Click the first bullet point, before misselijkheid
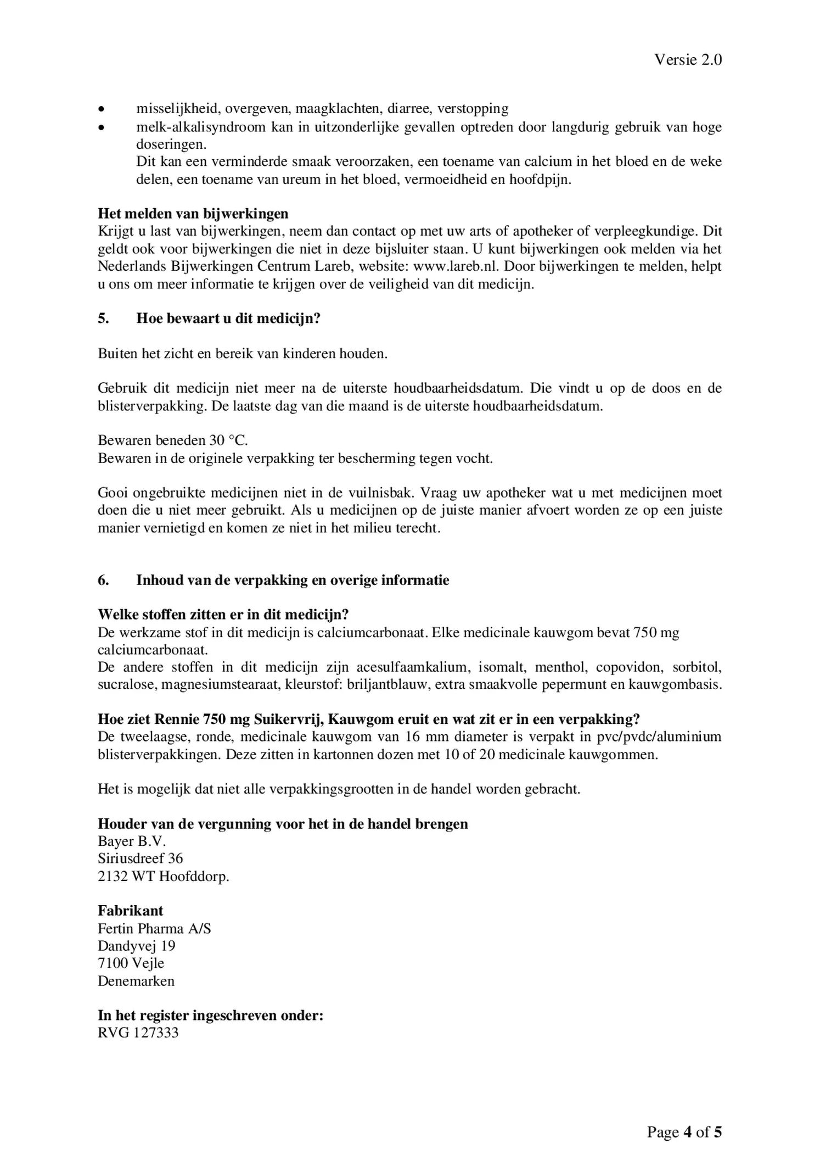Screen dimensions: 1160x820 click(x=100, y=109)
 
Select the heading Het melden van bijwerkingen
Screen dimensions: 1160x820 click(x=193, y=213)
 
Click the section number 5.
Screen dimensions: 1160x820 click(x=103, y=319)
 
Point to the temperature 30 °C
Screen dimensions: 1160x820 click(x=228, y=440)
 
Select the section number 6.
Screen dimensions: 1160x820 click(x=103, y=580)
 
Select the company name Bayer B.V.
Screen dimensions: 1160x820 click(x=132, y=841)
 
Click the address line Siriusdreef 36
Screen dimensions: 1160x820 click(x=141, y=858)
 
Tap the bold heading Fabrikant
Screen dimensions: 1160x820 click(x=130, y=911)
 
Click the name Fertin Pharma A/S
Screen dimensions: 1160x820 click(x=154, y=929)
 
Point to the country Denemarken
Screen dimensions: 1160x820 click(x=136, y=981)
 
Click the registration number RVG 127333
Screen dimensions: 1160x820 click(x=138, y=1033)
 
